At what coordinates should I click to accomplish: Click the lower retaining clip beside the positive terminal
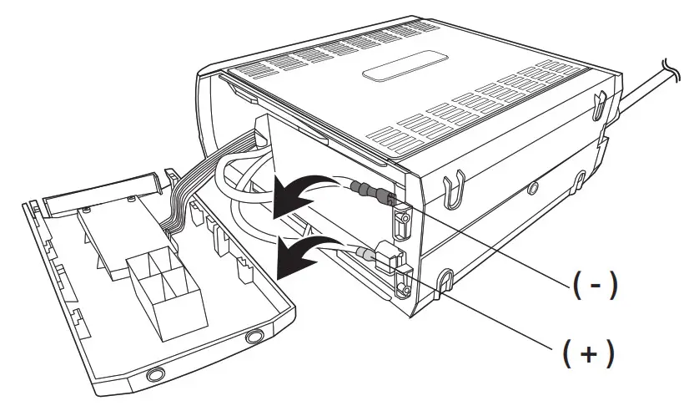click(x=403, y=282)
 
